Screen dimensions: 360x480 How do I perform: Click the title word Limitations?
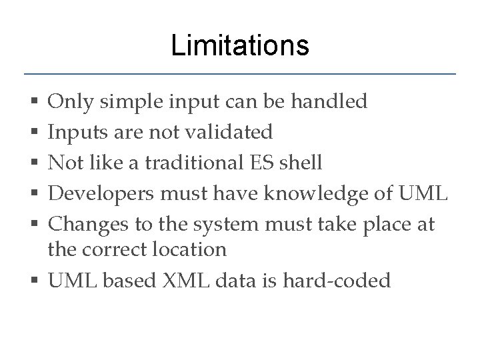[x=239, y=46]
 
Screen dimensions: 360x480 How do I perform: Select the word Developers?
[x=99, y=194]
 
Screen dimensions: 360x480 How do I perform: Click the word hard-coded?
[x=336, y=281]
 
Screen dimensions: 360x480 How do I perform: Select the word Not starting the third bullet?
[x=65, y=163]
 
